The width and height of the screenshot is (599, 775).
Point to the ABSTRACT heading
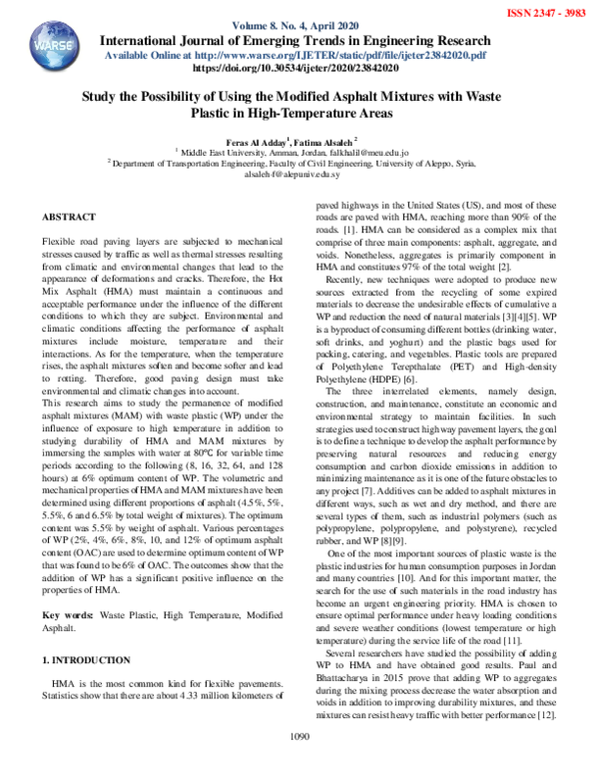click(69, 217)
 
